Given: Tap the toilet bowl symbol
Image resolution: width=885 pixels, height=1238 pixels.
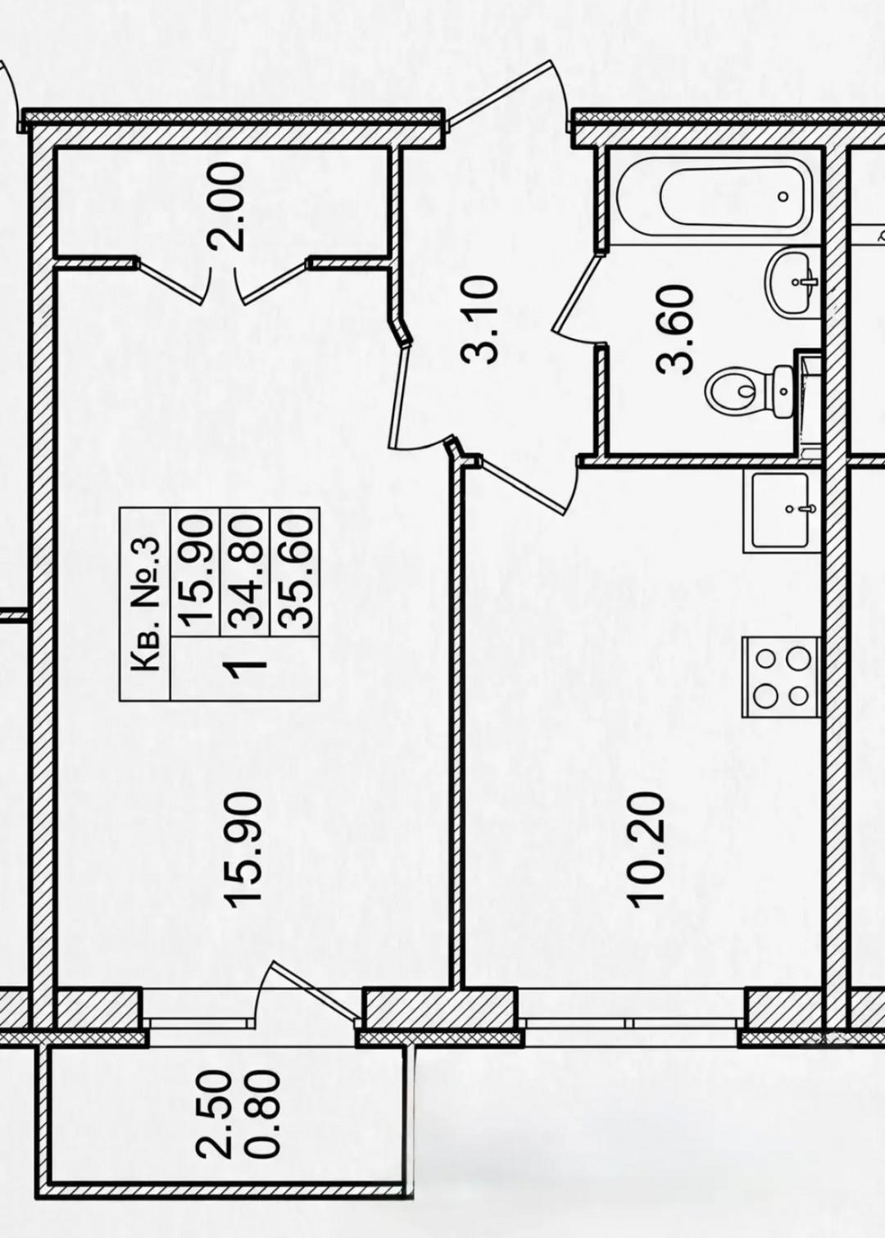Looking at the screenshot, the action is pos(749,389).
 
